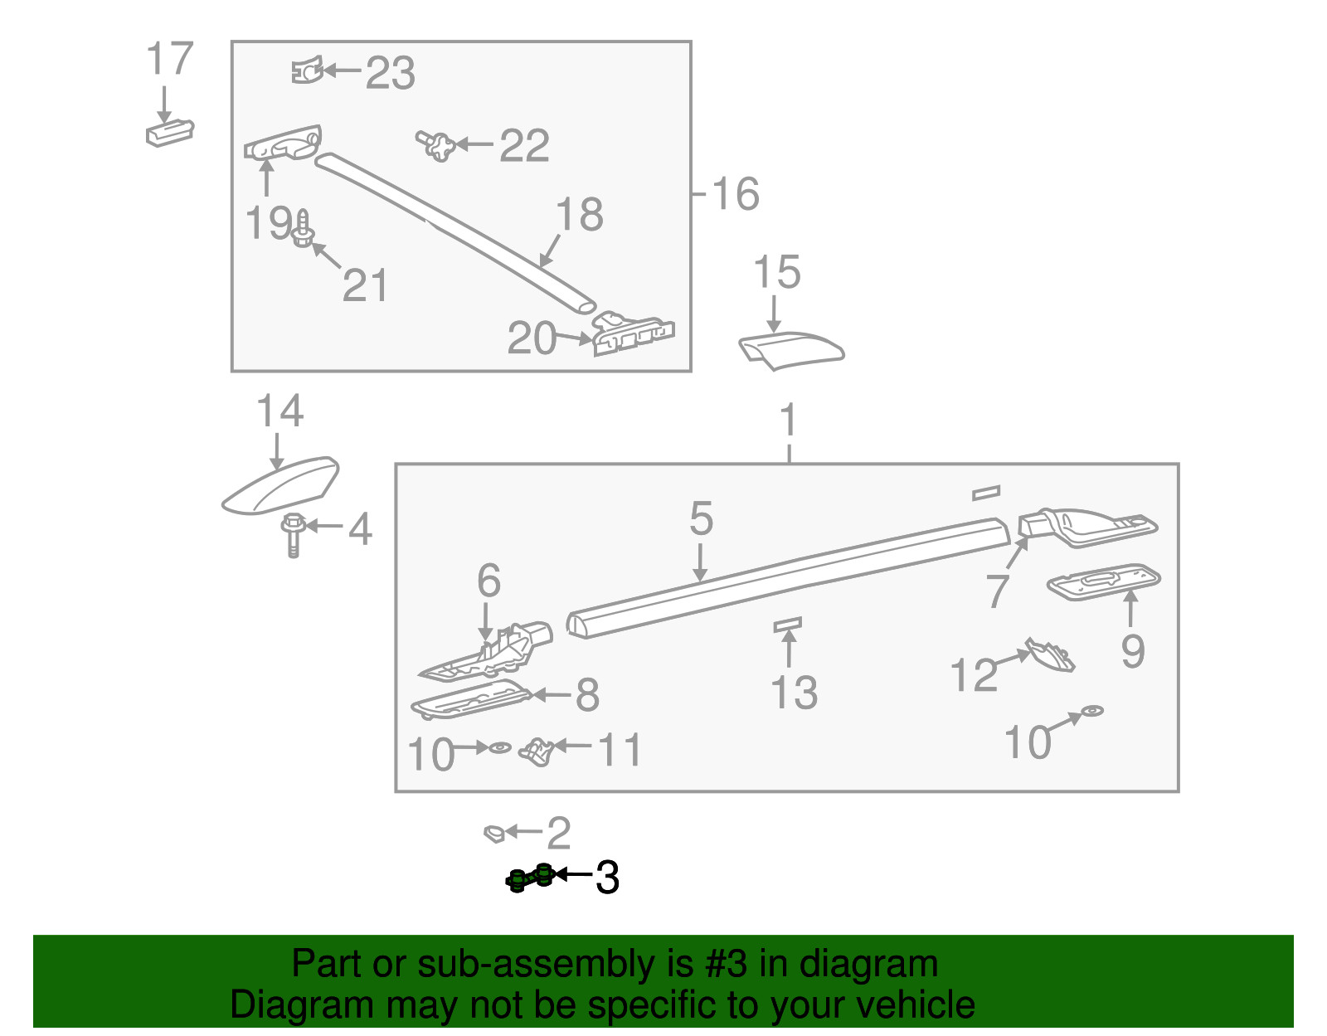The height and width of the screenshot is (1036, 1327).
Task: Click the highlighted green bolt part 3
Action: pos(530,878)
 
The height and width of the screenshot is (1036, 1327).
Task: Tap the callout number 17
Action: pos(170,59)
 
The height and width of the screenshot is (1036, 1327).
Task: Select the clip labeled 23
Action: pos(307,70)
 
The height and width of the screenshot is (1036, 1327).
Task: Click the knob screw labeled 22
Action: pos(436,146)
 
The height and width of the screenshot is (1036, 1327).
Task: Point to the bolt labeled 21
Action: pos(302,229)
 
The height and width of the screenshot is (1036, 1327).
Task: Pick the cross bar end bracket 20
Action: pos(633,334)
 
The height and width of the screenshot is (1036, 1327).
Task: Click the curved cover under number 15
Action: pos(790,350)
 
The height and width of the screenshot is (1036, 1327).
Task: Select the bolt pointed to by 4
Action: pos(293,535)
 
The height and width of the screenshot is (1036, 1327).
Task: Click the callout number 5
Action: pos(701,519)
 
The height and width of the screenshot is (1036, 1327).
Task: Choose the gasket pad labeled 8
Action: pos(471,699)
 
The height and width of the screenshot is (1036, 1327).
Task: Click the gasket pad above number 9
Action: pos(1104,581)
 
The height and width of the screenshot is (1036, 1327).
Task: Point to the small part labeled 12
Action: pos(1050,655)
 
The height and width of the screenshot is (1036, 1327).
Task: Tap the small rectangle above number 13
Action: pos(787,625)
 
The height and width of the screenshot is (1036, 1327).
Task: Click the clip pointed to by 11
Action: pos(536,752)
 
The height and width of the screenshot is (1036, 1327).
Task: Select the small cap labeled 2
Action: pos(494,834)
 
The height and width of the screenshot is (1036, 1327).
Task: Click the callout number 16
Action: pos(736,193)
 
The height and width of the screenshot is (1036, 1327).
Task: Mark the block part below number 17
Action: pos(170,133)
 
